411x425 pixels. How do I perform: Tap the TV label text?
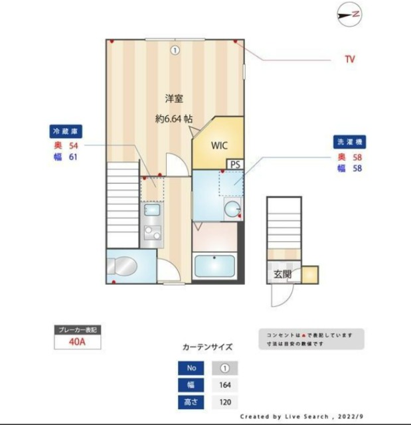[349, 60]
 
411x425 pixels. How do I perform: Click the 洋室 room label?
[174, 98]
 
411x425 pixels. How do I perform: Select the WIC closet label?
[220, 145]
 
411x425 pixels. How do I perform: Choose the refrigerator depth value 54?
[74, 145]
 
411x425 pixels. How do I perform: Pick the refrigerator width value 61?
[74, 157]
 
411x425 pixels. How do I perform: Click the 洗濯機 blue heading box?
[350, 142]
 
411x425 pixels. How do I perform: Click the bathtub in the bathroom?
[214, 267]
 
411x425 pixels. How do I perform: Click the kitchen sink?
[151, 211]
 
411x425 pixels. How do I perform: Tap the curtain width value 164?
[224, 385]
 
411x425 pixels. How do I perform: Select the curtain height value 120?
[224, 402]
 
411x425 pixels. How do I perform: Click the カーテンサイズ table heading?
[207, 347]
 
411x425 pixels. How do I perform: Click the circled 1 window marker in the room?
[174, 50]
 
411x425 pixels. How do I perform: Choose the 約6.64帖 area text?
[175, 120]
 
